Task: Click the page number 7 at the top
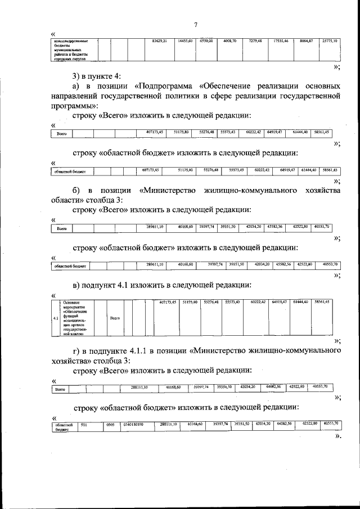click(195, 25)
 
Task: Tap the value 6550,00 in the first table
click(206, 42)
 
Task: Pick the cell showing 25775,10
click(327, 42)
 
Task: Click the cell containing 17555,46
click(280, 42)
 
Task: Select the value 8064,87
click(304, 42)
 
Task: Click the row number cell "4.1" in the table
click(55, 318)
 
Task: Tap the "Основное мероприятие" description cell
click(78, 318)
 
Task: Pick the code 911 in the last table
click(84, 424)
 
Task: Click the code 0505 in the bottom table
click(111, 424)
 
